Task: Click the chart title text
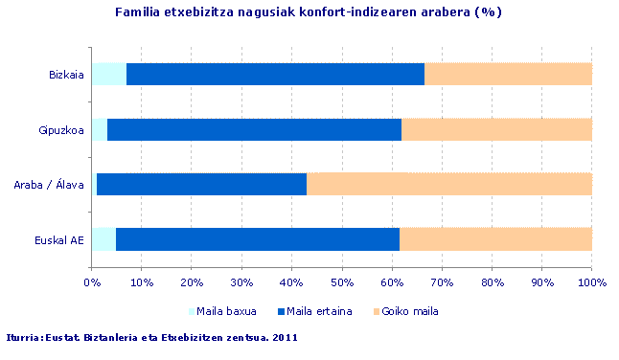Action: pos(309,12)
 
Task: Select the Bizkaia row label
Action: pos(66,74)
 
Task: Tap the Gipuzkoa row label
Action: pos(62,129)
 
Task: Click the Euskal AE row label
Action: pos(59,239)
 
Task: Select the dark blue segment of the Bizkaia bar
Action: pos(275,74)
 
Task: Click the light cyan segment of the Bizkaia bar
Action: pos(109,74)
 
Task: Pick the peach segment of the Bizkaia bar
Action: pos(508,74)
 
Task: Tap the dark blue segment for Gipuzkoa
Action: pos(254,129)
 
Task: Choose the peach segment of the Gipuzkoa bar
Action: pos(496,129)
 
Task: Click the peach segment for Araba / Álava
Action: pos(448,184)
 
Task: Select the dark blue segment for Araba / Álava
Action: pos(201,184)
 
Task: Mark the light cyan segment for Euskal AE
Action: pos(103,239)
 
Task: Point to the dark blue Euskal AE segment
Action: pos(257,239)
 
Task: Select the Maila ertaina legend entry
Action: pos(314,311)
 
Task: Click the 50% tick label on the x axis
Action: pos(343,282)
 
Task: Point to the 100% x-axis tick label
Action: pos(591,282)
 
